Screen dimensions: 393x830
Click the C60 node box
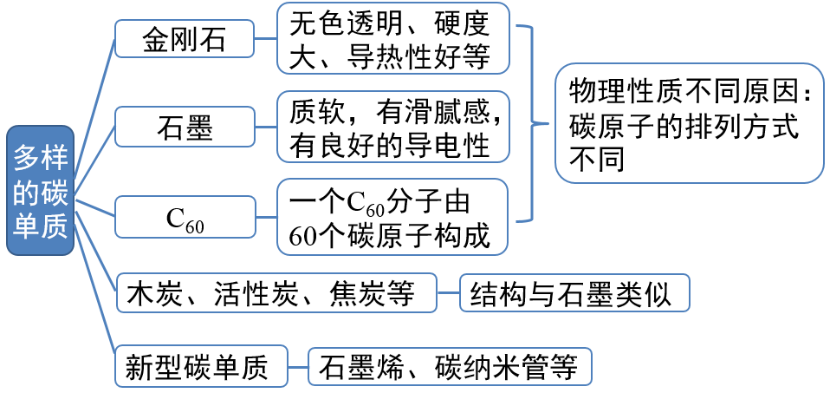tap(185, 218)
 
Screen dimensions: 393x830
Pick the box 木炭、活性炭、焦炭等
tap(276, 293)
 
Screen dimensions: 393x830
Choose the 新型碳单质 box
tap(201, 366)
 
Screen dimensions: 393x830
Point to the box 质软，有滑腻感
tap(392, 127)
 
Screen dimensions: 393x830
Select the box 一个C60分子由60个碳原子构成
tap(392, 217)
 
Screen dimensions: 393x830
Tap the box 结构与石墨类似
tap(574, 293)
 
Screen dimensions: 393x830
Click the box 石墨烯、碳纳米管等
tap(450, 366)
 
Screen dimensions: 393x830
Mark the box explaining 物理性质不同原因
tap(688, 123)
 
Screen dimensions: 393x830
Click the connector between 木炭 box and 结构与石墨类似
tap(448, 294)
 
